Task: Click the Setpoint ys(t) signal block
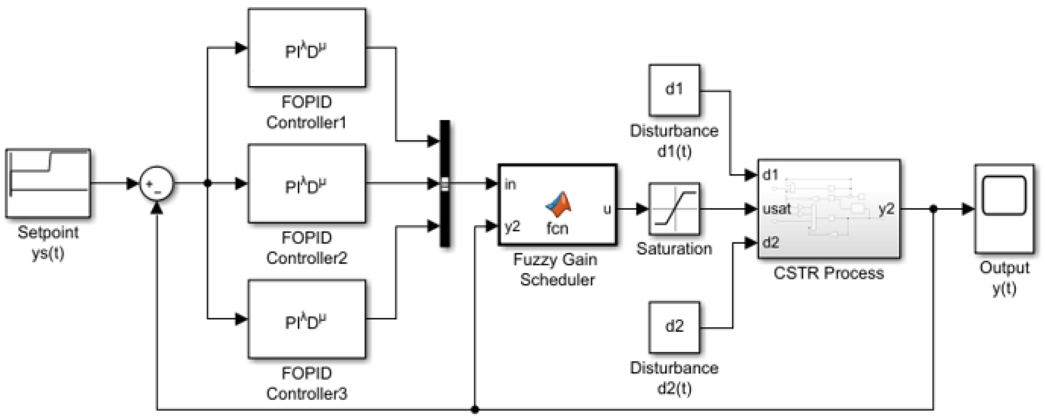point(48,183)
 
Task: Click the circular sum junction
point(157,184)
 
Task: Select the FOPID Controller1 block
point(307,48)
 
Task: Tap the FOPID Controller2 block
point(307,184)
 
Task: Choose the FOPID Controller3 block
point(307,319)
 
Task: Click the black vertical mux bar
point(445,184)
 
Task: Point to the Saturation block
point(674,209)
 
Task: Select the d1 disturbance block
point(674,90)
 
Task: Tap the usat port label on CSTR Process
point(777,209)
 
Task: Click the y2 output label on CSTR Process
point(886,209)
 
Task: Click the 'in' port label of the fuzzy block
point(510,184)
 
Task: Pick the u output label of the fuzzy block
point(607,209)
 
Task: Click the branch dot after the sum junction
point(208,184)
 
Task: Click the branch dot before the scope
point(933,209)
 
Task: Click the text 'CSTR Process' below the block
point(829,273)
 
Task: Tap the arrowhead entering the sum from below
point(157,208)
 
